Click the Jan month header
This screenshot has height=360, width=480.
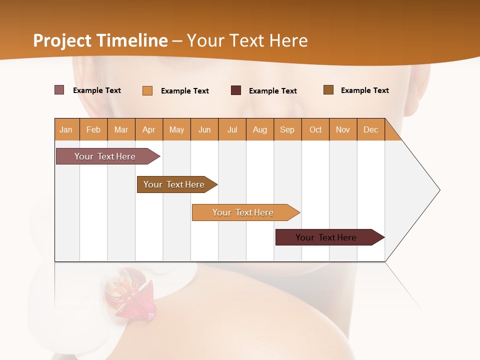[x=66, y=129]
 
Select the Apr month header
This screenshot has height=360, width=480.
[x=149, y=129]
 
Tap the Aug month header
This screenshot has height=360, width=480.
[x=260, y=129]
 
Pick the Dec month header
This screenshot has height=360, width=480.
[x=370, y=129]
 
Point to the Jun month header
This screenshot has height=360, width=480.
[x=204, y=129]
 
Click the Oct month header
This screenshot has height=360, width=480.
[x=315, y=129]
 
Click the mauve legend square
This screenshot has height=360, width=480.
[x=59, y=90]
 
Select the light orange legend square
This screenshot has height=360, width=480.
[x=147, y=90]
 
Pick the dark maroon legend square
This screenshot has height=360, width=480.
[x=236, y=90]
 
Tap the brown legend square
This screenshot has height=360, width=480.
[x=328, y=90]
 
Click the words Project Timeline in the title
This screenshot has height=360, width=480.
[x=100, y=40]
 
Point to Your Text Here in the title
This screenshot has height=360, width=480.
[x=247, y=40]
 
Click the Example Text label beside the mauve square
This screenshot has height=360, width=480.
[x=97, y=90]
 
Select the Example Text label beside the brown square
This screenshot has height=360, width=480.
[x=365, y=90]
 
